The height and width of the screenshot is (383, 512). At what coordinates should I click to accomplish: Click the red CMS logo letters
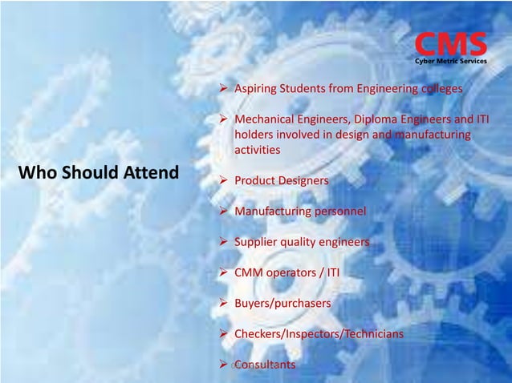[450, 44]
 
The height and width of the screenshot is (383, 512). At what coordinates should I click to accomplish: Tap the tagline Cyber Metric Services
[450, 60]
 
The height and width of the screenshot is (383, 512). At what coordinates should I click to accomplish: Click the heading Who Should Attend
[99, 172]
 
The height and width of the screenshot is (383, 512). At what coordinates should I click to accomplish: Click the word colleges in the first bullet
[442, 89]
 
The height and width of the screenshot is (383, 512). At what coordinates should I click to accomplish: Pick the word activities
[257, 149]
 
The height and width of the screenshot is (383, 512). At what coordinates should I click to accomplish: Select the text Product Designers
[281, 181]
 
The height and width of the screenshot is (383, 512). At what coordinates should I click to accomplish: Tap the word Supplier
[255, 242]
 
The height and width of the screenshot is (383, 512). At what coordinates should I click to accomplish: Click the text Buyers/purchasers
[282, 304]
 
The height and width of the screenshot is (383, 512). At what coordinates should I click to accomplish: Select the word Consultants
[264, 365]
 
